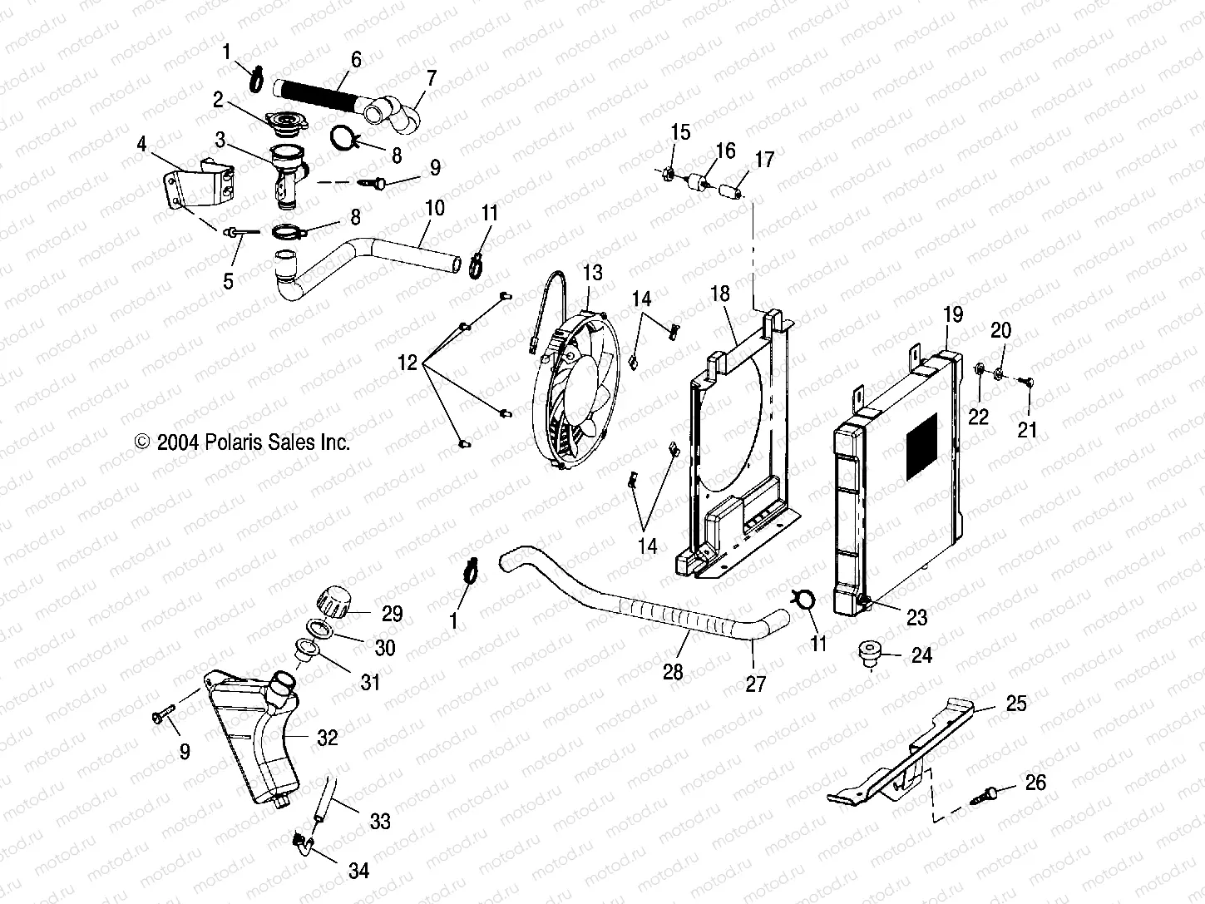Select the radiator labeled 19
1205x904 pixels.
pos(898,474)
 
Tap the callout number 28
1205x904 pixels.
pos(673,671)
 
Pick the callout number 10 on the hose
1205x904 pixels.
pos(434,208)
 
